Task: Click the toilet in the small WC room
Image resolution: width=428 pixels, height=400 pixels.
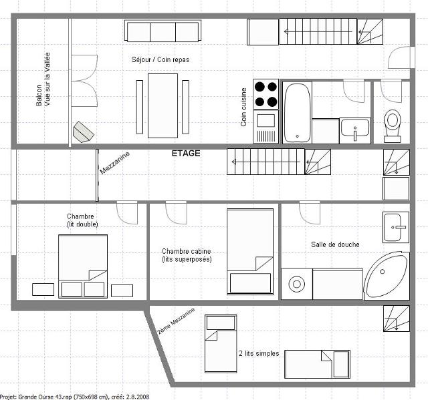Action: click(x=393, y=126)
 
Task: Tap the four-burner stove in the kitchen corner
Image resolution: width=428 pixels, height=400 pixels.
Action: click(x=266, y=94)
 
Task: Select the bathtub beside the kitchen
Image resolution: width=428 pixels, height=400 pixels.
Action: click(x=297, y=112)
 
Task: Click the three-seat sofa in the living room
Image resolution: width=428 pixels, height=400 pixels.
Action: click(x=163, y=31)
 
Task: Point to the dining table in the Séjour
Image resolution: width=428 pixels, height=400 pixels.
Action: click(x=163, y=106)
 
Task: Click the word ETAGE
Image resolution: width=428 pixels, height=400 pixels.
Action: click(x=186, y=154)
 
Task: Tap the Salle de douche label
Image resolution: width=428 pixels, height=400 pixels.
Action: click(x=335, y=244)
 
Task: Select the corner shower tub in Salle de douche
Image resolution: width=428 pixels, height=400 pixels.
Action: click(x=387, y=276)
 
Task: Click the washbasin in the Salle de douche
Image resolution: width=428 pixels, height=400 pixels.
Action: click(x=396, y=227)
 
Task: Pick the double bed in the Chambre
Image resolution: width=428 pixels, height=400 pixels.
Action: click(x=83, y=266)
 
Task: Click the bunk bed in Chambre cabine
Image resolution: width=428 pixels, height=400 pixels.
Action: click(x=250, y=252)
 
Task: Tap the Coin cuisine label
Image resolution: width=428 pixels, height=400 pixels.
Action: click(x=243, y=107)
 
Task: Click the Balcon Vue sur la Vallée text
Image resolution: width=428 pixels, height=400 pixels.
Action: click(x=43, y=79)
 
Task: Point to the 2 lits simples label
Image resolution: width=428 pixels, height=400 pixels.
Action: click(x=259, y=353)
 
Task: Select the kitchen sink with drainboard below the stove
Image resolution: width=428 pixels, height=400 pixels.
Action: click(x=266, y=127)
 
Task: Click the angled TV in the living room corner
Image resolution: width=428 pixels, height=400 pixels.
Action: click(x=83, y=132)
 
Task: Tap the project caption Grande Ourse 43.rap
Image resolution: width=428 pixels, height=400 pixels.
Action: click(x=74, y=397)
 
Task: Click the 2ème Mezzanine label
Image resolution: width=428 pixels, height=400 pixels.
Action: click(x=176, y=321)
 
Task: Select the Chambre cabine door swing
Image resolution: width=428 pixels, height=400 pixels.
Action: click(x=176, y=212)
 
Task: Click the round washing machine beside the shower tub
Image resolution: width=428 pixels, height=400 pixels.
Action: click(x=297, y=284)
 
